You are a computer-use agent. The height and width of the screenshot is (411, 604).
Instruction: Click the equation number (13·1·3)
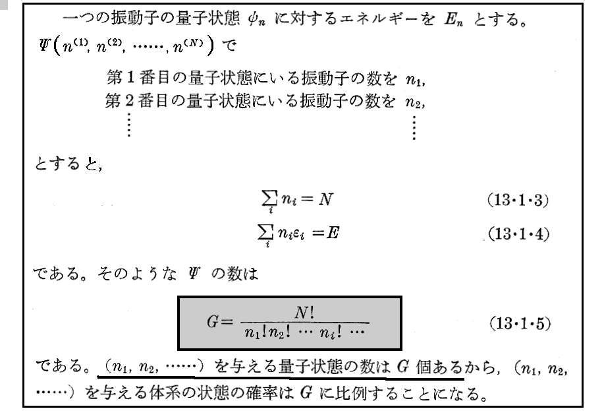click(518, 201)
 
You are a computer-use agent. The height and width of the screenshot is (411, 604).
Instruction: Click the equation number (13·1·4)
click(518, 234)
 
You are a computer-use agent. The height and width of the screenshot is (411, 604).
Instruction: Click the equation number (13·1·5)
click(520, 323)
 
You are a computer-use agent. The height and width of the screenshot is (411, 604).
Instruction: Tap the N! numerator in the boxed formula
click(304, 312)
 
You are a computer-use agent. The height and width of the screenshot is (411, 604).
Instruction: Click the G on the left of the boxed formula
click(213, 321)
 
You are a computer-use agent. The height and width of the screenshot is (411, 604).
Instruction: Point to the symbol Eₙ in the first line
click(453, 19)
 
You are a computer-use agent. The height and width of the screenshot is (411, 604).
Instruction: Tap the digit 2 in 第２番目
click(129, 101)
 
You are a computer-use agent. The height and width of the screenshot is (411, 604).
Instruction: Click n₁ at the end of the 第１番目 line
click(414, 80)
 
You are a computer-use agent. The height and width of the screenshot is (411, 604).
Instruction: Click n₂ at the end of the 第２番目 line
click(413, 102)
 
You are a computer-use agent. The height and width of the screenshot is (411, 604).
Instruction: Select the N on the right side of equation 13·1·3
click(325, 199)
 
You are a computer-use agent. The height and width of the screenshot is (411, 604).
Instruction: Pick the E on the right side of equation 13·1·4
click(333, 233)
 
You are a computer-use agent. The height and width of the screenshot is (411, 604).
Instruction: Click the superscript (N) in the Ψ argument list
click(194, 42)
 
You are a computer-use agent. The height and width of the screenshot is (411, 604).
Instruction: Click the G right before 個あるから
click(402, 366)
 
